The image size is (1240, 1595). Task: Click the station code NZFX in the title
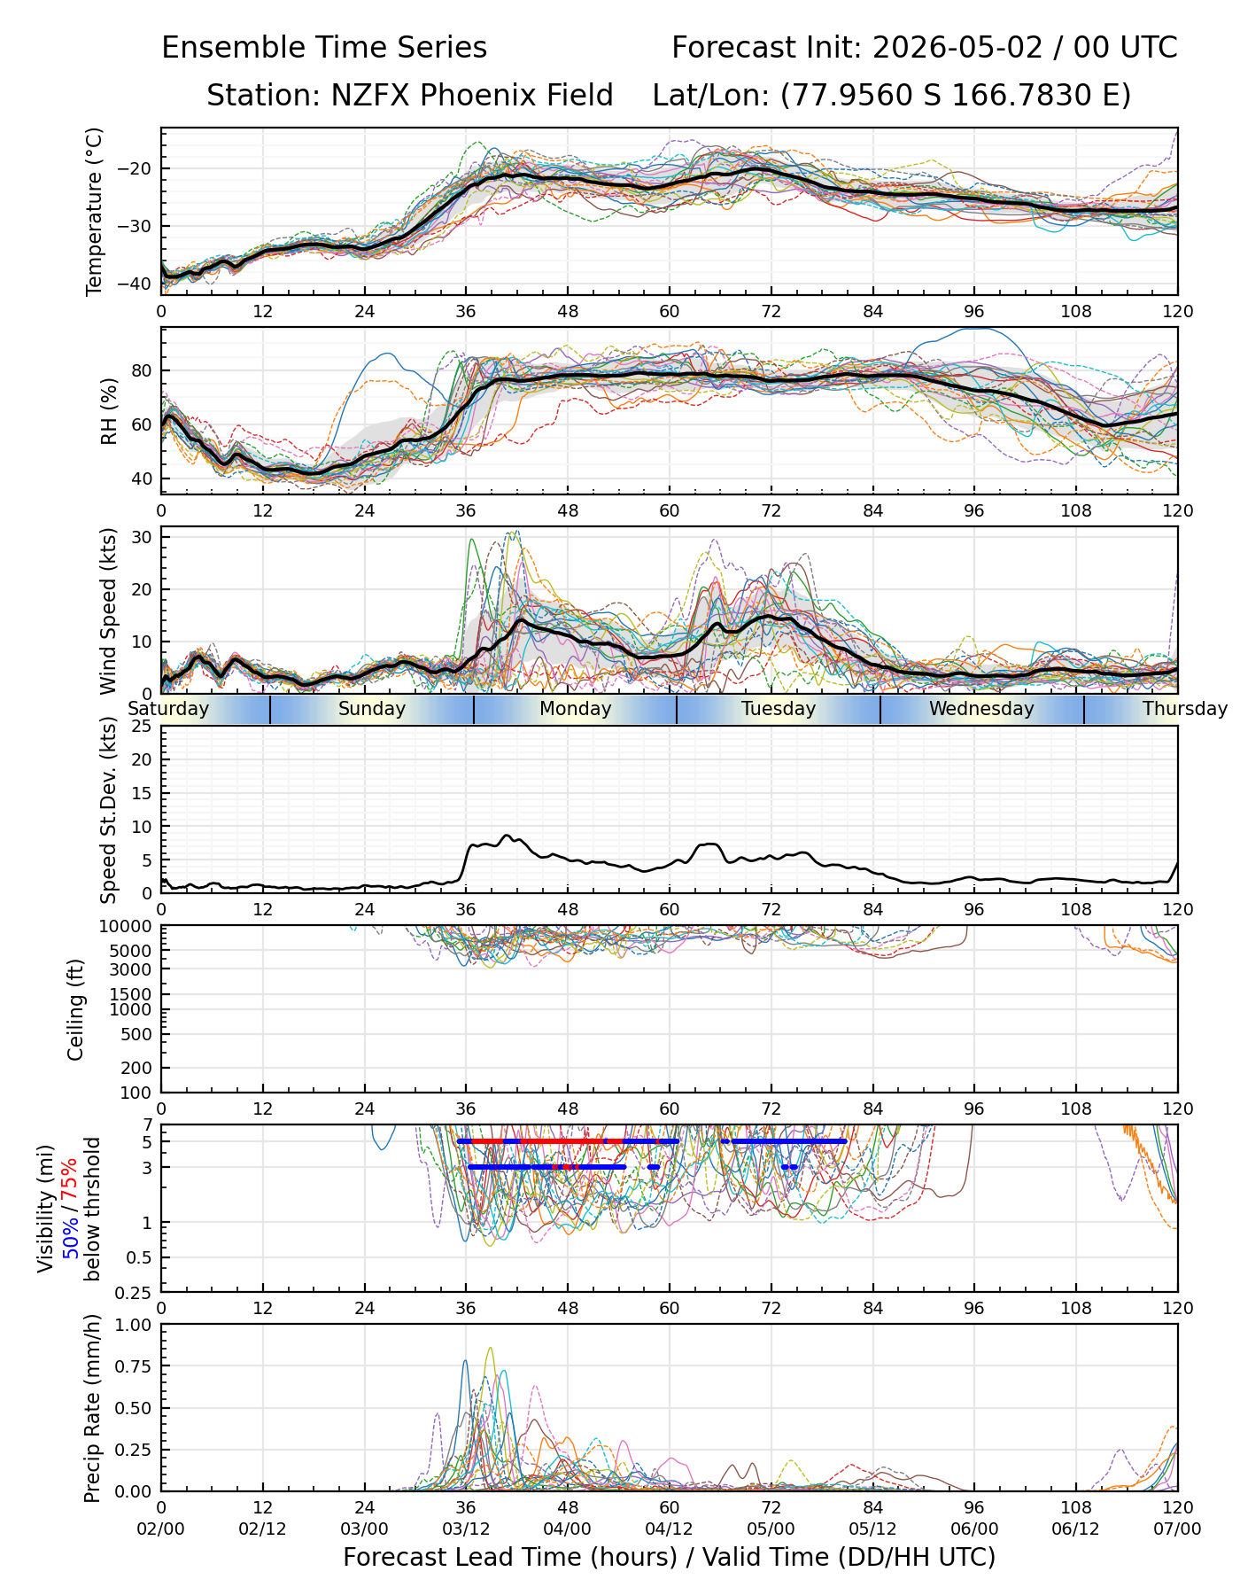tap(370, 95)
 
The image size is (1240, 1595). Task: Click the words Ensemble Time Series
tap(324, 48)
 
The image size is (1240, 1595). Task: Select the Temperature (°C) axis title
tap(94, 211)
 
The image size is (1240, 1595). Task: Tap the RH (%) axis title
tap(109, 411)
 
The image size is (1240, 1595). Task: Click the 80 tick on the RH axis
tap(143, 370)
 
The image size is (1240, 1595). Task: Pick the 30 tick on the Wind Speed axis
tap(143, 537)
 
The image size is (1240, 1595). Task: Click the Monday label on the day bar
tap(576, 709)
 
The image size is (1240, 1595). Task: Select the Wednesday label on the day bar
tap(981, 709)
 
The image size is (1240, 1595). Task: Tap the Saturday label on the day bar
tap(168, 709)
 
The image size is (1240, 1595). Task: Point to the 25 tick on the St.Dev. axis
tap(143, 727)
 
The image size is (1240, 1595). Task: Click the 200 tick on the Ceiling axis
tap(139, 1069)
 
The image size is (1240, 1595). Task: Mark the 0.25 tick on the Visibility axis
tap(136, 1292)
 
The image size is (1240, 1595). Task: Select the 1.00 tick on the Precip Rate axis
tap(136, 1326)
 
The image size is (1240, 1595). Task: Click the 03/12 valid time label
tap(466, 1529)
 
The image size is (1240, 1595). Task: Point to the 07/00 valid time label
tap(1177, 1529)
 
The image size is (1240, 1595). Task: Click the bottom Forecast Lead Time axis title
tap(670, 1558)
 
